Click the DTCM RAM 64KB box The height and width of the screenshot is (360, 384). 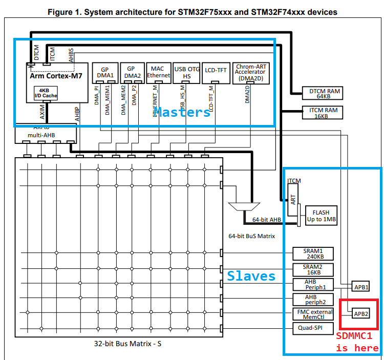pos(323,93)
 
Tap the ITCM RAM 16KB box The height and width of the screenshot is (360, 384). pos(323,113)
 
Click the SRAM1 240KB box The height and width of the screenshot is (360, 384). pos(313,253)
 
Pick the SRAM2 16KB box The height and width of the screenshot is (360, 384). pos(313,269)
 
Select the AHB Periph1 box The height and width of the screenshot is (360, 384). pos(313,284)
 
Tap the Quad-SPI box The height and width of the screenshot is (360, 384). pos(313,328)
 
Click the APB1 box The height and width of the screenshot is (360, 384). pos(361,287)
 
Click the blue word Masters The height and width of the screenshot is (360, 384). pos(182,112)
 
